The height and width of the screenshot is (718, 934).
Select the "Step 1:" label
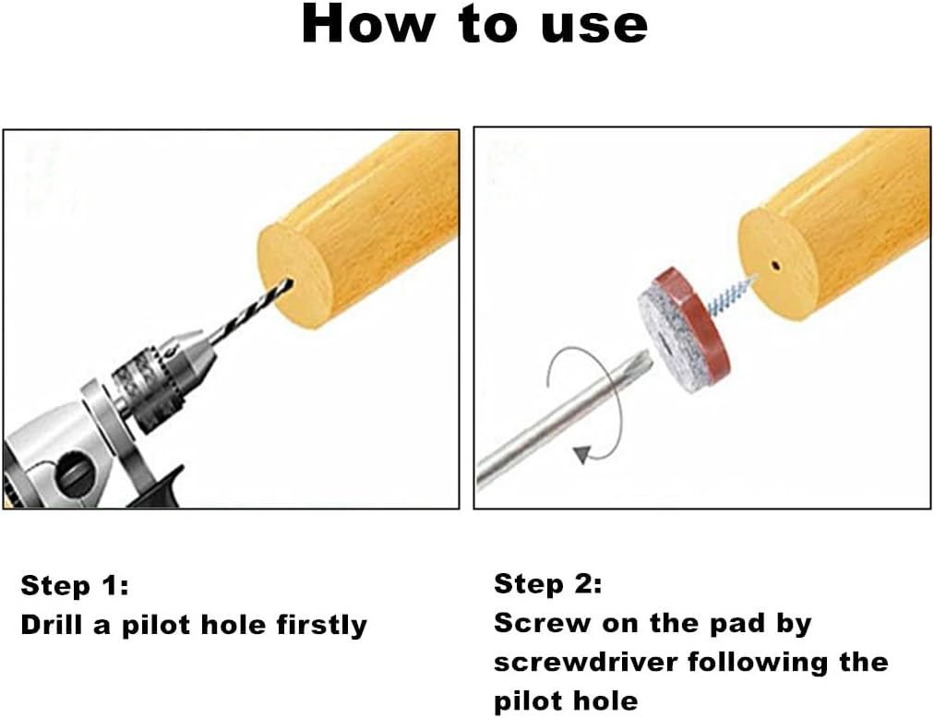pos(75,586)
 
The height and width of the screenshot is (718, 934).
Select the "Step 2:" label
pos(548,584)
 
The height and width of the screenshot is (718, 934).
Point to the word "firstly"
pos(322,627)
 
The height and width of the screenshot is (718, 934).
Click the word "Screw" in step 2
pos(543,624)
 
